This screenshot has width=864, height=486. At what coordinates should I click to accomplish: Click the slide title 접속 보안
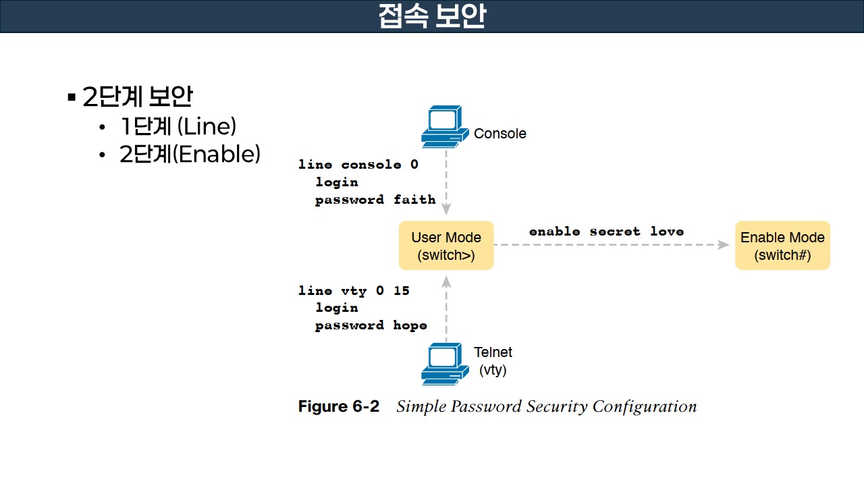[x=432, y=16]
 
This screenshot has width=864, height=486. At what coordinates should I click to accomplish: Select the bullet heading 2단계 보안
[x=137, y=97]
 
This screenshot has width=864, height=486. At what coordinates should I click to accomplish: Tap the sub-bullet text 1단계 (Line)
[x=178, y=126]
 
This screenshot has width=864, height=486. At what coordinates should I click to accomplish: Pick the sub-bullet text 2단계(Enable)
[x=190, y=155]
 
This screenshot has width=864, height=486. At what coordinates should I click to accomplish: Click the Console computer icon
[x=443, y=126]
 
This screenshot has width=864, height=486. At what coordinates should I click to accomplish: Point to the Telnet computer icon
[x=443, y=364]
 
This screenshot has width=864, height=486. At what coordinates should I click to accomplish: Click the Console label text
[x=500, y=134]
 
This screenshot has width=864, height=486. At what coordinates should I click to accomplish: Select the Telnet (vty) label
[x=493, y=361]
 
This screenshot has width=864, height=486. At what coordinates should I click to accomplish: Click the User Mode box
[x=446, y=246]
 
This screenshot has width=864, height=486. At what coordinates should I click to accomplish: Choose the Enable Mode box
[x=782, y=246]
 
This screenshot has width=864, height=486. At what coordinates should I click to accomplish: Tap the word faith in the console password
[x=414, y=200]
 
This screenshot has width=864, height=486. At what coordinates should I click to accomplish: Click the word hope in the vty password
[x=410, y=325]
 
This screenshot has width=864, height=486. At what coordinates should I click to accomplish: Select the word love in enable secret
[x=667, y=232]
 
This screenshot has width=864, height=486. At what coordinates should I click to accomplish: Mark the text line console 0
[x=358, y=165]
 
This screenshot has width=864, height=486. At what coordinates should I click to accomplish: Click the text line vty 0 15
[x=354, y=291]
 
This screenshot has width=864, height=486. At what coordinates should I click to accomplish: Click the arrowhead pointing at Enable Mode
[x=724, y=245]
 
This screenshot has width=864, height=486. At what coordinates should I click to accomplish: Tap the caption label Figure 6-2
[x=339, y=406]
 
